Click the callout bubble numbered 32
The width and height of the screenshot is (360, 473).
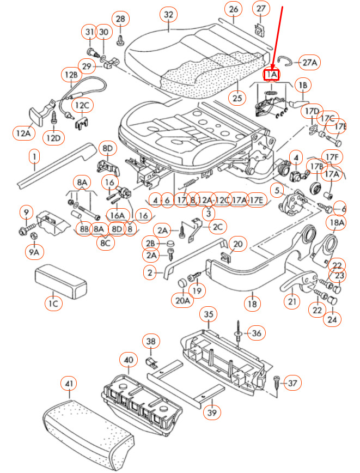(x=169, y=14)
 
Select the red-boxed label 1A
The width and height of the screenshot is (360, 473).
(x=271, y=74)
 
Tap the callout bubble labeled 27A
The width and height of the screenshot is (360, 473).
(x=309, y=62)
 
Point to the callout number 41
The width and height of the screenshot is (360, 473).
(x=68, y=385)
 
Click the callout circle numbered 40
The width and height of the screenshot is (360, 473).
(x=128, y=360)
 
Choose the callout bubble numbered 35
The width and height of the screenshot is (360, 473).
(x=209, y=314)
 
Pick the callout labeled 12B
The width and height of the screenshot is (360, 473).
(x=71, y=75)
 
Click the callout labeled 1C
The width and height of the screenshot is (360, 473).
(x=53, y=304)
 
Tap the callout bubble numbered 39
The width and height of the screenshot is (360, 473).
(x=212, y=413)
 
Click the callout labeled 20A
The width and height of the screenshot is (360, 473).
(x=183, y=300)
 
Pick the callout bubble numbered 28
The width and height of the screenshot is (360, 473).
(x=120, y=19)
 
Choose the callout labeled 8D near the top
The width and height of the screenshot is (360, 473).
(x=107, y=148)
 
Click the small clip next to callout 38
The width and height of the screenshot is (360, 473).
(x=154, y=361)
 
